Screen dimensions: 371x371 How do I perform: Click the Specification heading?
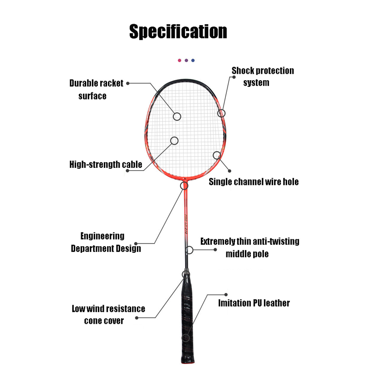click(178, 32)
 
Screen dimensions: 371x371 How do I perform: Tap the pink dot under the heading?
click(179, 60)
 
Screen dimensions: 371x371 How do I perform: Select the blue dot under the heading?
click(193, 60)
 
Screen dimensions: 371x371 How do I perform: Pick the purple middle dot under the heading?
click(186, 60)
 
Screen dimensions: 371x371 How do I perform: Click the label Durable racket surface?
click(96, 90)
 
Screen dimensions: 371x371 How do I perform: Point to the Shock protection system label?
click(262, 77)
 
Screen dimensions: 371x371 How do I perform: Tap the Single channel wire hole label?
click(253, 182)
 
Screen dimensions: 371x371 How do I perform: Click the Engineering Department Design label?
click(105, 242)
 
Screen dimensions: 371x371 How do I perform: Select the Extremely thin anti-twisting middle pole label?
click(249, 247)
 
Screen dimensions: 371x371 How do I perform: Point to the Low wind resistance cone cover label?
click(108, 314)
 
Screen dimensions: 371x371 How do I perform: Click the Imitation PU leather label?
click(254, 303)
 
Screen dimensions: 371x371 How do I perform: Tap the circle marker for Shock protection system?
click(222, 113)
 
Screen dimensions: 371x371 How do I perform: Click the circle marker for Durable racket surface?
click(177, 116)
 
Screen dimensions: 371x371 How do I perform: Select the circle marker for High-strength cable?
click(174, 140)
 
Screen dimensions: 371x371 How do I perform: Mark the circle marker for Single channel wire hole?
click(217, 155)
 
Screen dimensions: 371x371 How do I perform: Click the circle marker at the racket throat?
click(184, 186)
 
